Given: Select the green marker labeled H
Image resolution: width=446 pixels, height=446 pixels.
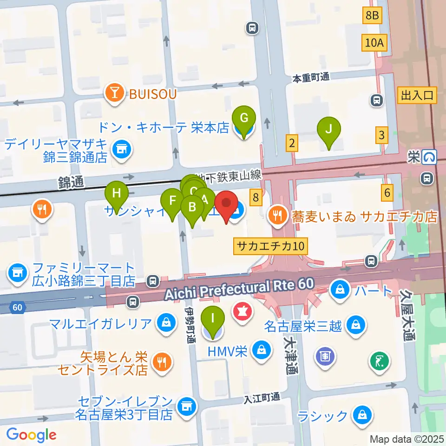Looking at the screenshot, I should [x=117, y=193].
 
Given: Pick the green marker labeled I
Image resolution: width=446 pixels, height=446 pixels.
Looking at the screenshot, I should [x=213, y=319].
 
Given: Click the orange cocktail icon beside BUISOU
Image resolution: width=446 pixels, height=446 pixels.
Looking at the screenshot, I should [x=114, y=94].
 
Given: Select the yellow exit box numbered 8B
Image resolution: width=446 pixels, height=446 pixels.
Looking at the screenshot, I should [x=372, y=16].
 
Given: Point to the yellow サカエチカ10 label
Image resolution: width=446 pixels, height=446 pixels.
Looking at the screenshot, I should [x=271, y=246].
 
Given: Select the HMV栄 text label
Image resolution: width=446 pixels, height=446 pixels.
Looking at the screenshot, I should [x=228, y=352].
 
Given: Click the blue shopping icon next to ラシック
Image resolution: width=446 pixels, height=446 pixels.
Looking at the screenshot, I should [x=361, y=414].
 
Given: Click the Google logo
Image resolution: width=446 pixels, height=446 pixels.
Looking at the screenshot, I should [x=32, y=435].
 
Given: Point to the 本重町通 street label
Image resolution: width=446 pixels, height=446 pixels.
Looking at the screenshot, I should [x=311, y=77].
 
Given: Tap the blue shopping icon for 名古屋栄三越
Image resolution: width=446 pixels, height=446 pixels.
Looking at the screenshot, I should [x=355, y=324].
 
